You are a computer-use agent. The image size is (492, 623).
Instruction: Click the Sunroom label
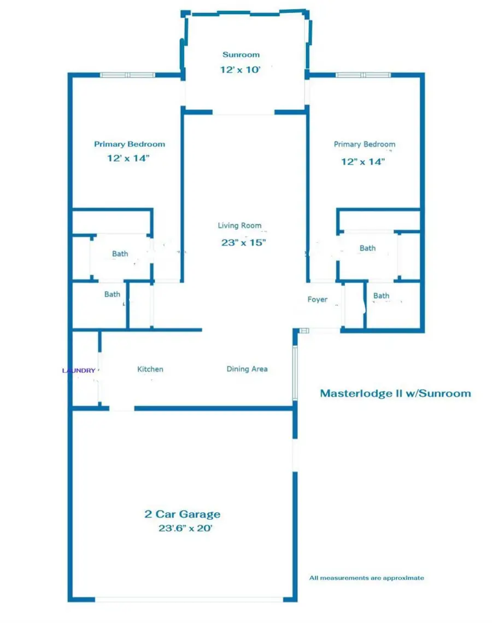click(241, 55)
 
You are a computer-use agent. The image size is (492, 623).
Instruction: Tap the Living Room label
click(239, 225)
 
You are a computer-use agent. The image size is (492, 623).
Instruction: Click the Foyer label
click(318, 299)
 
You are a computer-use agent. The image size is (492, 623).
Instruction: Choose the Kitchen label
click(150, 369)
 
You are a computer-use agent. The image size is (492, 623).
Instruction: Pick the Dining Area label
click(247, 369)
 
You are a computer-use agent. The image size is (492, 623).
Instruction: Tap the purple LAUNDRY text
click(79, 370)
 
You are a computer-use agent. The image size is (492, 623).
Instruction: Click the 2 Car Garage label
click(183, 514)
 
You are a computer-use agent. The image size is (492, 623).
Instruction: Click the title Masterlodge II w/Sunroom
click(395, 393)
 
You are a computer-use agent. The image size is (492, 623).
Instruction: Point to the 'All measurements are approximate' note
click(366, 578)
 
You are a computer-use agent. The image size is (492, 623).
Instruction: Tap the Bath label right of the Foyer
click(382, 296)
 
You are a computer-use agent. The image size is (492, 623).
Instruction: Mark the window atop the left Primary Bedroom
click(127, 75)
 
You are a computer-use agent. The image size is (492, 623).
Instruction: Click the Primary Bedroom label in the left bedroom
click(130, 144)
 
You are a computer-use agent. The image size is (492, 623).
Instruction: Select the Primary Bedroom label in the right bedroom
click(365, 144)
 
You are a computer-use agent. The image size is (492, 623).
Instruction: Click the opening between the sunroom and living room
click(243, 113)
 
